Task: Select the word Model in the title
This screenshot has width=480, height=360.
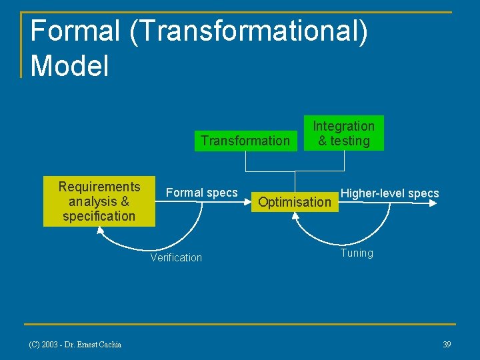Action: click(x=69, y=65)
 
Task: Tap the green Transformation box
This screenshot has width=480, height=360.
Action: click(x=245, y=140)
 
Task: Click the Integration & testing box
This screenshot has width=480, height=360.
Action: click(x=344, y=133)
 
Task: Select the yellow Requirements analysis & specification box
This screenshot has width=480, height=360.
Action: click(x=99, y=201)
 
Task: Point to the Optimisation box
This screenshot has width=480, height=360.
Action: click(x=294, y=202)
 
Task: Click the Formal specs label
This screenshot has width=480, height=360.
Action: click(x=201, y=193)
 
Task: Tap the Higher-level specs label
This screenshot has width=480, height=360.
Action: click(x=390, y=193)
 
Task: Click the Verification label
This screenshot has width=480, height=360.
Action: click(x=176, y=258)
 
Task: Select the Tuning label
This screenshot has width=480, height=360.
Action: click(x=357, y=253)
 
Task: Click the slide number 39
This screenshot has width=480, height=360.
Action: click(x=447, y=344)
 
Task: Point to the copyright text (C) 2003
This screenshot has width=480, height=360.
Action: click(x=45, y=344)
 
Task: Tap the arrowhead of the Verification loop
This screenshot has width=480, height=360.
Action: click(x=100, y=230)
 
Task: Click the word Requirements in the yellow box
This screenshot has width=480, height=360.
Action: click(x=99, y=187)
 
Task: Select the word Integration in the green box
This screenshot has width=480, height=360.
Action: click(x=344, y=126)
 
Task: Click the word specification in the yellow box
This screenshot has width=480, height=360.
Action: click(x=99, y=216)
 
